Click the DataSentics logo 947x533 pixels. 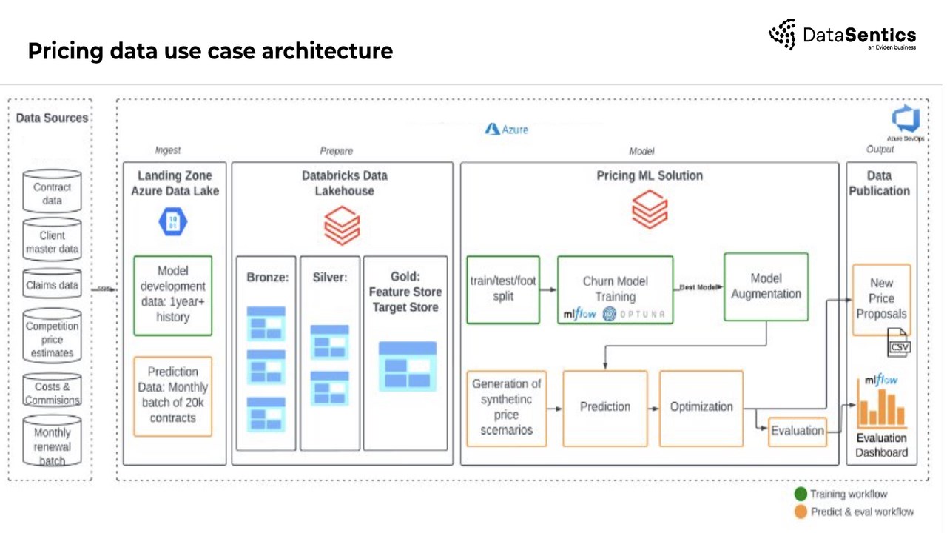click(x=842, y=35)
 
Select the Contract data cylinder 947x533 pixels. click(x=52, y=193)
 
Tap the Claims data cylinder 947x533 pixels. click(x=52, y=285)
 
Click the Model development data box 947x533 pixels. click(x=173, y=295)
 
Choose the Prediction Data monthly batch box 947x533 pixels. click(x=173, y=396)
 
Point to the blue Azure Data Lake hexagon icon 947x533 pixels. click(x=173, y=221)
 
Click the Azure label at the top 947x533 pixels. click(x=507, y=130)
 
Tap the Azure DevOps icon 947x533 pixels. click(x=904, y=119)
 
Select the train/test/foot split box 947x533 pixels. click(x=503, y=289)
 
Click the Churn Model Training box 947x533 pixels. click(x=615, y=289)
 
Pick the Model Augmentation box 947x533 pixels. click(x=766, y=286)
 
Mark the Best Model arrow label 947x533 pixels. click(x=698, y=286)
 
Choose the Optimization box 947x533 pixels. click(x=701, y=408)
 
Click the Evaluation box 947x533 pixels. click(x=797, y=431)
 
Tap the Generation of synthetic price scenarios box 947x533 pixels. click(x=507, y=408)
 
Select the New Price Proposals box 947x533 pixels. click(x=881, y=299)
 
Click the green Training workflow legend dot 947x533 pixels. click(x=801, y=495)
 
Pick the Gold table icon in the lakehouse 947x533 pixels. click(x=407, y=366)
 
